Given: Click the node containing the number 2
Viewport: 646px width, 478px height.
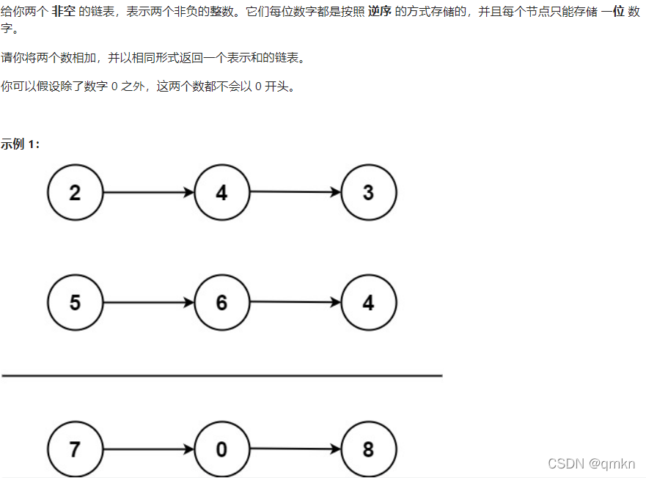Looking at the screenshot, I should tap(76, 193).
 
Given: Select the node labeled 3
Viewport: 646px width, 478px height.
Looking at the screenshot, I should tap(369, 193).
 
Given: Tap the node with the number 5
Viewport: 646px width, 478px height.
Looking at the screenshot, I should tap(76, 303).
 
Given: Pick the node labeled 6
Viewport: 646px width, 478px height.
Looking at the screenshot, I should tap(222, 303).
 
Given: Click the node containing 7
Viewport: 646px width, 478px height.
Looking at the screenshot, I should tap(76, 449).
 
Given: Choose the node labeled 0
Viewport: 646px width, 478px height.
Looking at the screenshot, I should tap(222, 449).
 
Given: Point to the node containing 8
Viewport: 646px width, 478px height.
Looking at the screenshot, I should tap(369, 449).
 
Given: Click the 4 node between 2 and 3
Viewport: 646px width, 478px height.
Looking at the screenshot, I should tap(222, 193).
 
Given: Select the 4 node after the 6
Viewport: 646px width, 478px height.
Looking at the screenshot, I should tap(369, 303).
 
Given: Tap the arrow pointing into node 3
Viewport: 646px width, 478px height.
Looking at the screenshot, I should tap(296, 193).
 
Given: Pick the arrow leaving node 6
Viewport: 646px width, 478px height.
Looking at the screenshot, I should tap(296, 302).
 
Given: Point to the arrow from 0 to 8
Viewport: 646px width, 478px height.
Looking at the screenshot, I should tap(296, 449).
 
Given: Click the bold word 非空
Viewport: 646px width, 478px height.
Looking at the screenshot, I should tap(63, 12).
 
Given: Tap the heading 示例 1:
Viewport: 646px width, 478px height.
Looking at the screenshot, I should tap(20, 144).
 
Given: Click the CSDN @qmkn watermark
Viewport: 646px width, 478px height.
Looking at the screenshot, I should tap(591, 463).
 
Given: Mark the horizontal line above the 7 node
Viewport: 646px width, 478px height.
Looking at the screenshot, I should tap(221, 375).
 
